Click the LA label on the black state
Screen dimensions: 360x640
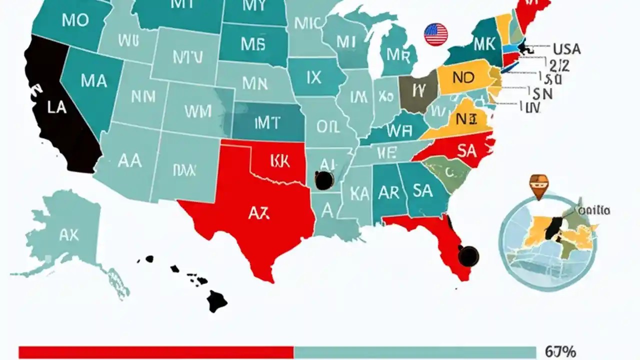click(x=57, y=107)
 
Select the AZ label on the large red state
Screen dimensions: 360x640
click(x=258, y=213)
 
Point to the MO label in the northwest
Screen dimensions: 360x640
click(x=75, y=20)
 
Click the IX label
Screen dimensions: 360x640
click(x=313, y=77)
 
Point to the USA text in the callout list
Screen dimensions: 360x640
click(x=566, y=49)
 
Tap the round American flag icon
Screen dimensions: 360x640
click(x=435, y=34)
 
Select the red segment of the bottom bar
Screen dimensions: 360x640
click(x=156, y=352)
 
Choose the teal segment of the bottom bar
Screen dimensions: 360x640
click(x=415, y=352)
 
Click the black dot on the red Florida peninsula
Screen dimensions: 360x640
click(x=468, y=255)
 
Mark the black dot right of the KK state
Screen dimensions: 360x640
click(x=324, y=180)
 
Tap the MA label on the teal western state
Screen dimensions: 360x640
click(x=93, y=80)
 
